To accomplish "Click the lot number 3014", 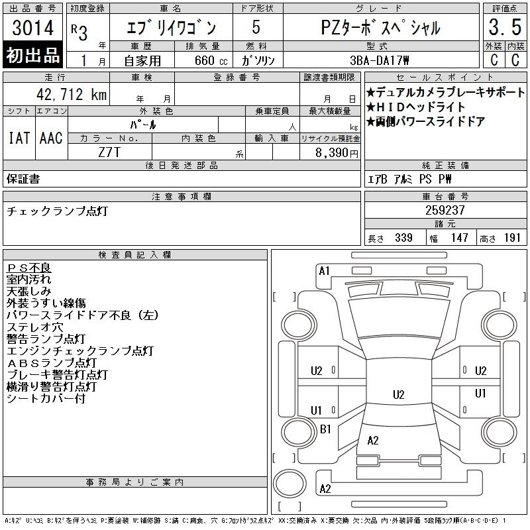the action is (32, 27).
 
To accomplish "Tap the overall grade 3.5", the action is (505, 27).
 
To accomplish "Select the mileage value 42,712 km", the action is (72, 94).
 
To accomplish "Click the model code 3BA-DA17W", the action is (379, 60).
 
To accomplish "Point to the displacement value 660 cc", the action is (211, 60).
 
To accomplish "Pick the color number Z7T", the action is (109, 152).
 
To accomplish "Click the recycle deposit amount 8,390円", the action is (337, 153).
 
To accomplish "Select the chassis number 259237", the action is (445, 210).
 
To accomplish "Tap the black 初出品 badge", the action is (32, 55).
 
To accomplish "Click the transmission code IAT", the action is (19, 138).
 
